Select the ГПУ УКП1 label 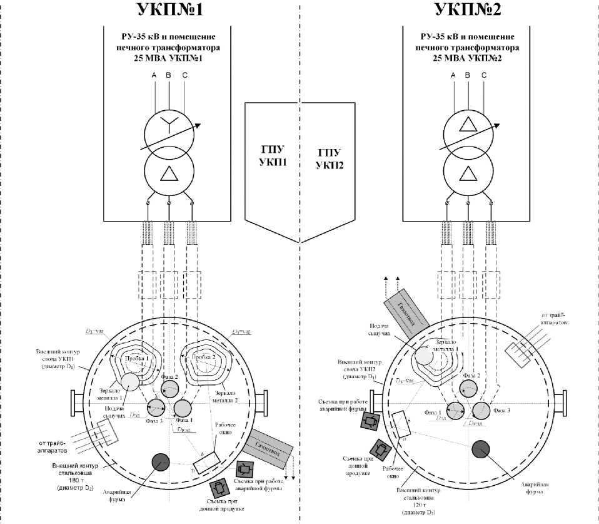click(271, 157)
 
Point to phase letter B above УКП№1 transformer click(168, 76)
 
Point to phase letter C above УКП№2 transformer click(484, 76)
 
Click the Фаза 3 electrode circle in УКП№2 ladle click(481, 410)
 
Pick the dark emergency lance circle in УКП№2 click(481, 449)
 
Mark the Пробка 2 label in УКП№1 click(204, 356)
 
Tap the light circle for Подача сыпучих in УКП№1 click(131, 381)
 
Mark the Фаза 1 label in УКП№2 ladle click(433, 413)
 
